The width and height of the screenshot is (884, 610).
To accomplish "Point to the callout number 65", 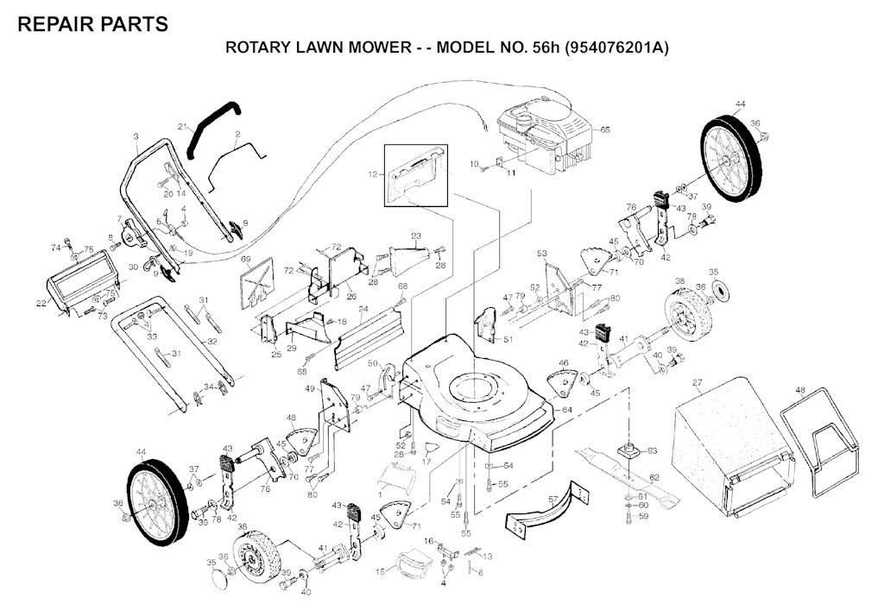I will click(605, 129).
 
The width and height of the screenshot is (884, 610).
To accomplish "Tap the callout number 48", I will click(801, 391).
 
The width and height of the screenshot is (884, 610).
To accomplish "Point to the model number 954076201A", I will click(616, 48).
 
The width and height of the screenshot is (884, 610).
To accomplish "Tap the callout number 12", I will click(372, 174).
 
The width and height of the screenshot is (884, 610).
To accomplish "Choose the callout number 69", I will click(245, 259).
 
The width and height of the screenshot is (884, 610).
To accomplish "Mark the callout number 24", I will click(363, 309).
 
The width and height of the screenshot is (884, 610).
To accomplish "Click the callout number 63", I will click(653, 450).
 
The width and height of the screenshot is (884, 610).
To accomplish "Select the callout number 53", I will click(542, 254).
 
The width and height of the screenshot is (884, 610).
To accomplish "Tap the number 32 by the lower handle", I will click(211, 342).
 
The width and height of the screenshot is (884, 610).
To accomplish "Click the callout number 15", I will click(381, 572).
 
